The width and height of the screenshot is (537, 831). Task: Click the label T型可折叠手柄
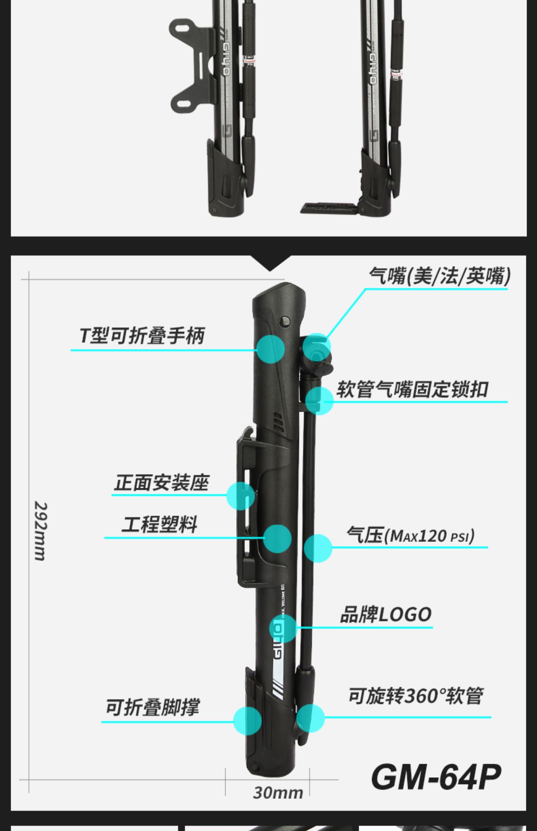(x=142, y=336)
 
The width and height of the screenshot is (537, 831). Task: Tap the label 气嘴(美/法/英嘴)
(x=440, y=276)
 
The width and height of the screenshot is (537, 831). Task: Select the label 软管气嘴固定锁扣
(x=412, y=389)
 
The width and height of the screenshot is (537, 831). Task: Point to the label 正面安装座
(x=161, y=483)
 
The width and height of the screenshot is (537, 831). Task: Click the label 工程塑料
(x=159, y=525)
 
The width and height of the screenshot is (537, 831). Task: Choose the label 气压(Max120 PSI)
(x=411, y=536)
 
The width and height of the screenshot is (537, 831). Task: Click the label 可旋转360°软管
(x=416, y=696)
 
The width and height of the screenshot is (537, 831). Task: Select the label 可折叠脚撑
(x=152, y=708)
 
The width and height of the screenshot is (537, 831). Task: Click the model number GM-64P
(x=436, y=777)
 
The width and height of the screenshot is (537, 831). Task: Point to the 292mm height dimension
(x=40, y=531)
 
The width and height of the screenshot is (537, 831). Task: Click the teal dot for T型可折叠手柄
(x=271, y=349)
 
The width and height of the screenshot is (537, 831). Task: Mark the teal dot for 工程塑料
(x=277, y=539)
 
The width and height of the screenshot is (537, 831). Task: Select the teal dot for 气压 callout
(x=318, y=548)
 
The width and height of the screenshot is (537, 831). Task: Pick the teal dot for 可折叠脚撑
(x=247, y=721)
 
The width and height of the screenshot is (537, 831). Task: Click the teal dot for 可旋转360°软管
(x=310, y=718)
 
